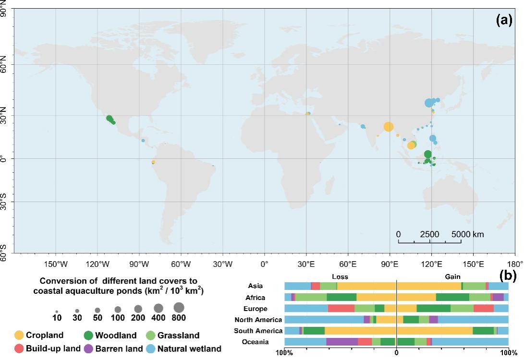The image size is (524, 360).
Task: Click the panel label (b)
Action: click(x=509, y=276)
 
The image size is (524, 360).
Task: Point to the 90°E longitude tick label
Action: click(x=390, y=264)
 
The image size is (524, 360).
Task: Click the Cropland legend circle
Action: click(x=19, y=335)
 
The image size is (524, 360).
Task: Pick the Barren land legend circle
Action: click(x=88, y=349)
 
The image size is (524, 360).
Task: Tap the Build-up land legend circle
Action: click(x=19, y=349)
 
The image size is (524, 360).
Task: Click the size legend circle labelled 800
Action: click(x=179, y=307)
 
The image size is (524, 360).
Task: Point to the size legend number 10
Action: click(x=57, y=318)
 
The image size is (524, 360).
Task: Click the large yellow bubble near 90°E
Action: click(x=389, y=127)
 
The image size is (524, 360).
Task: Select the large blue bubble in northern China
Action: click(x=429, y=103)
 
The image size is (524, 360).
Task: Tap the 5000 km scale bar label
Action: click(x=467, y=234)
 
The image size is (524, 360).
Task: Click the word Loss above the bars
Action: click(x=340, y=277)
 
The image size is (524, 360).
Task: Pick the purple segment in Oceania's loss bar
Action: click(x=342, y=342)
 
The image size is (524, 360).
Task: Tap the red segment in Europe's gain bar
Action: click(x=483, y=309)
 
